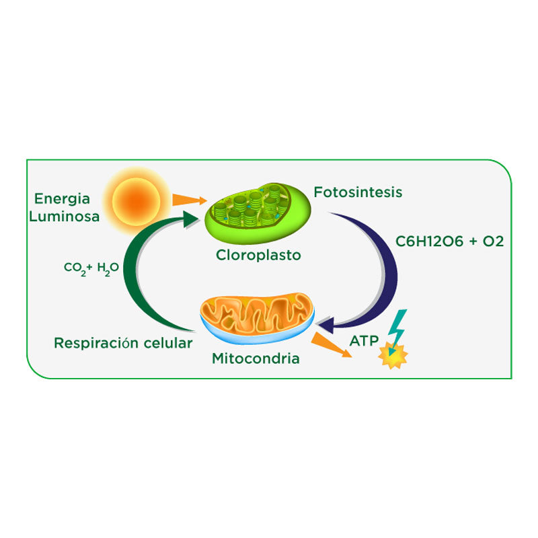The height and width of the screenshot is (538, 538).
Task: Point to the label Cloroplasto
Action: [258, 256]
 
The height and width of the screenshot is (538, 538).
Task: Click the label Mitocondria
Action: [256, 358]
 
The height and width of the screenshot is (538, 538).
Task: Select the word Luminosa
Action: [67, 216]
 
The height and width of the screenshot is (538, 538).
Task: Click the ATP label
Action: [363, 340]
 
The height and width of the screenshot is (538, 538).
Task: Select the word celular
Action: [168, 343]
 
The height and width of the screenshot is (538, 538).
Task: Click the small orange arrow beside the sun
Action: [188, 199]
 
